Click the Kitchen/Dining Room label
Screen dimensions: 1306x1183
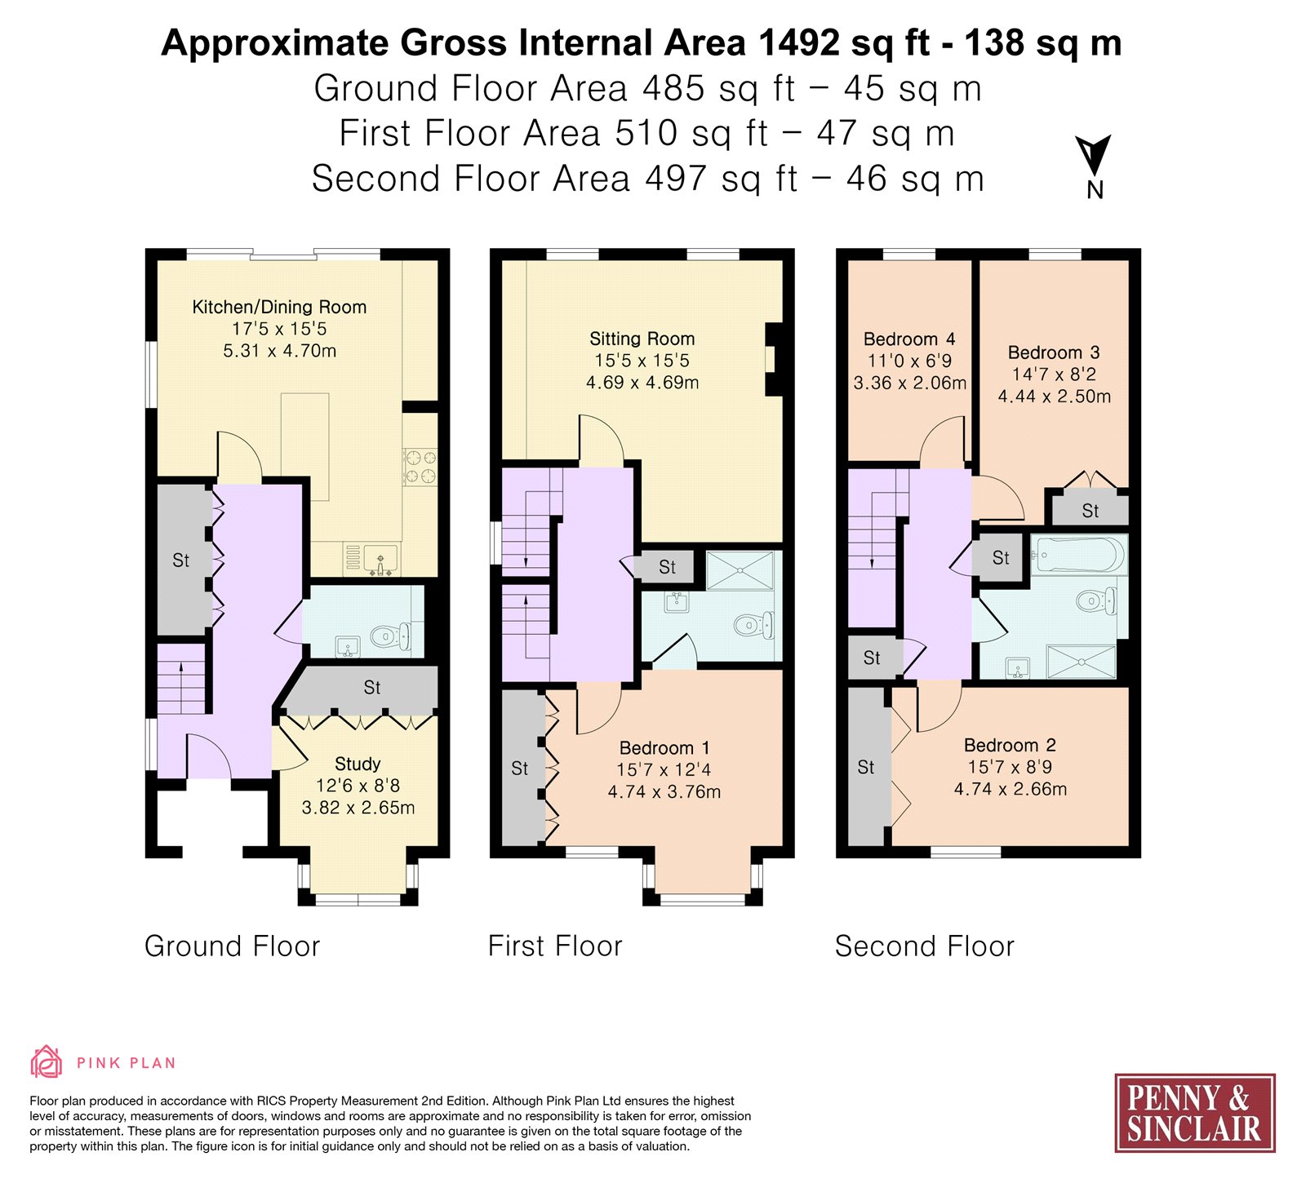click(279, 308)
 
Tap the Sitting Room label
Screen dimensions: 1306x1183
click(642, 339)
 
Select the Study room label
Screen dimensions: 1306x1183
click(358, 764)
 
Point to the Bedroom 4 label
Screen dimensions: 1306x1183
click(909, 339)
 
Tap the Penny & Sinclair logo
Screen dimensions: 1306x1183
click(1195, 1113)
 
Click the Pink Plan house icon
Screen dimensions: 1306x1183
click(47, 1062)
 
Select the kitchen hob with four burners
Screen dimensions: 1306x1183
click(420, 467)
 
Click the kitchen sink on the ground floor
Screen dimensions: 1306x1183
click(380, 560)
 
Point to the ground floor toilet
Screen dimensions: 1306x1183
click(392, 636)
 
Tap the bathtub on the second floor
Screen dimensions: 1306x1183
click(1079, 556)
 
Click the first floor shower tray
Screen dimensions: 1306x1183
click(740, 570)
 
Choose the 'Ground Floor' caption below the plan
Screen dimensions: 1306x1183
click(232, 946)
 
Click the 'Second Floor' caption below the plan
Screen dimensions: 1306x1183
click(924, 946)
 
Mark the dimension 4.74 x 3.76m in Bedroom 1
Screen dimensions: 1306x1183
click(664, 792)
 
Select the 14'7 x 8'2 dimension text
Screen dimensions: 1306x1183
click(1054, 374)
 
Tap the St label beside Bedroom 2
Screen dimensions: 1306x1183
click(866, 768)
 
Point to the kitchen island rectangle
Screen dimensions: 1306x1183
click(305, 447)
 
